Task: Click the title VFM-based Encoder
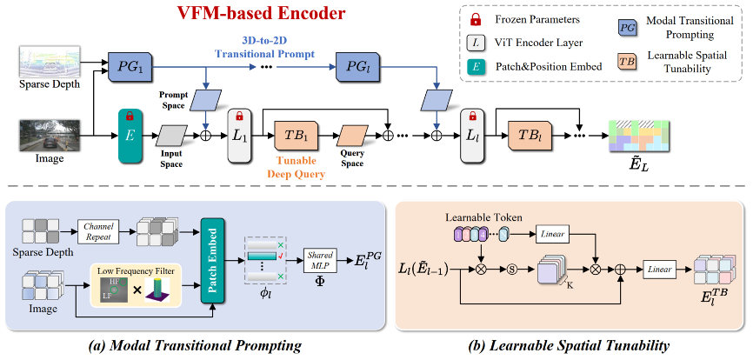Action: click(x=249, y=15)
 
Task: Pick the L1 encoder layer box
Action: click(x=239, y=137)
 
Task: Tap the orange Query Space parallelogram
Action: click(x=352, y=137)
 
